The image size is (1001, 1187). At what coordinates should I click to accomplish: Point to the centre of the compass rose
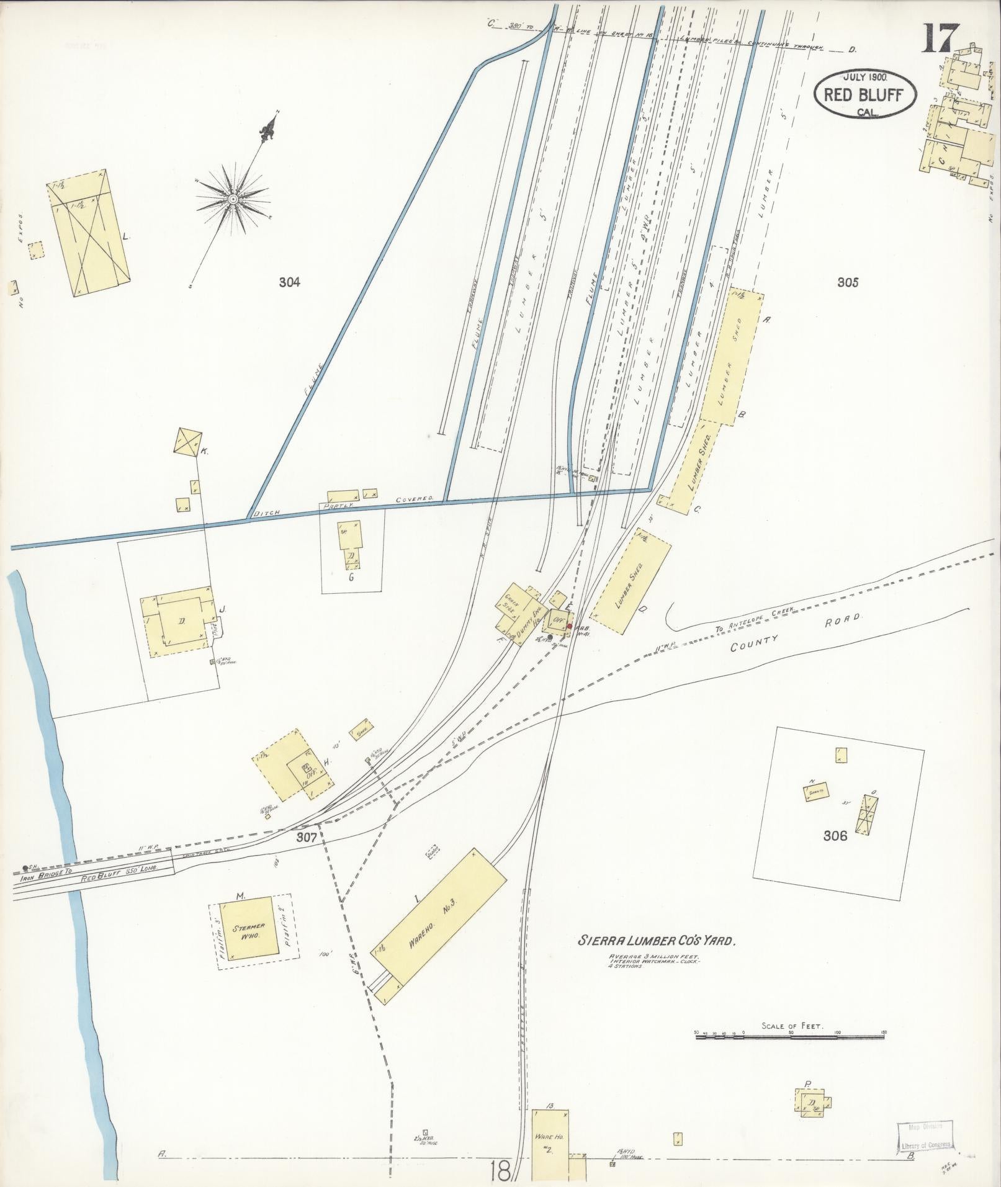[233, 199]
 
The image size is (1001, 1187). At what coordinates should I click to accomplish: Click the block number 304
[289, 282]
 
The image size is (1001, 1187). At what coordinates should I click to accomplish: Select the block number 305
[847, 282]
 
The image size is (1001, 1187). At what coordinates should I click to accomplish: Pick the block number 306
[835, 836]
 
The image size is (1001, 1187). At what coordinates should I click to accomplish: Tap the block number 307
[307, 837]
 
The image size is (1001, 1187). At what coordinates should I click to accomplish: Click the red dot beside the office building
[569, 626]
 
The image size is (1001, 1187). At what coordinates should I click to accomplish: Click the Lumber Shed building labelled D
[630, 580]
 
